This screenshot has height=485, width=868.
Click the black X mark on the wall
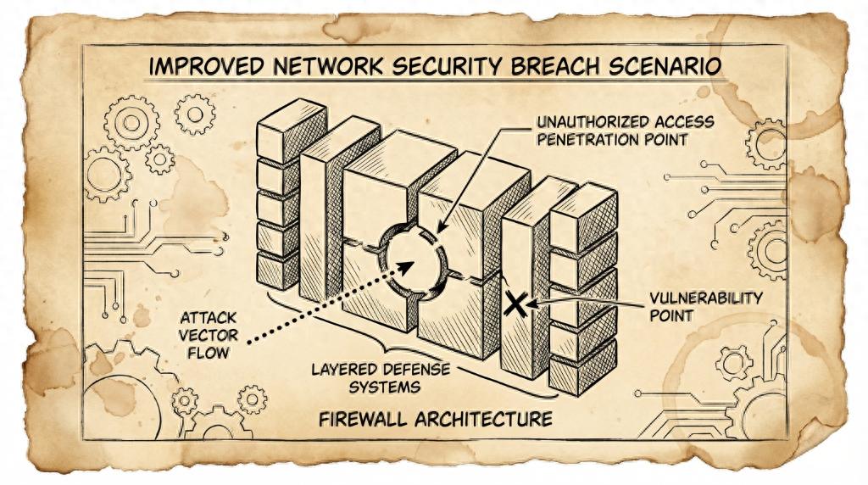[x=515, y=303]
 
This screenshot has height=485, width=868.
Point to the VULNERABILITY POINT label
[x=705, y=307]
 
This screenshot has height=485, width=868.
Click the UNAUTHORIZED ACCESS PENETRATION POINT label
[x=625, y=131]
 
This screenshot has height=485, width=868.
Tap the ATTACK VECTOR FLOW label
[x=203, y=334]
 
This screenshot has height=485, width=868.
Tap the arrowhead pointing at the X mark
[x=531, y=301]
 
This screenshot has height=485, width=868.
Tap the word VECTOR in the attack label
[x=205, y=334]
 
